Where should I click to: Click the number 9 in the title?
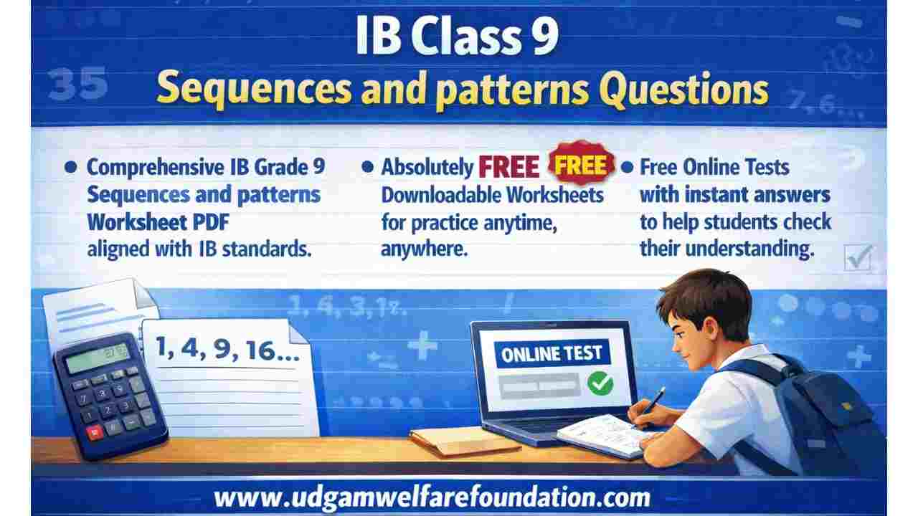coord(543,40)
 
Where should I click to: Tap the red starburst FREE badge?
coord(582,165)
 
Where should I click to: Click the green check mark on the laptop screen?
coord(600,383)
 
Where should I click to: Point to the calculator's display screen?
coord(97,356)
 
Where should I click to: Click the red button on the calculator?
coord(94,432)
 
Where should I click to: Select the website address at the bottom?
coord(432,497)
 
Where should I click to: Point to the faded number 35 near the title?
coord(80,86)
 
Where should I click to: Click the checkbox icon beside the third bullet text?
coord(857,257)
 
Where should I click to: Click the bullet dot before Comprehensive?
coord(70,167)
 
